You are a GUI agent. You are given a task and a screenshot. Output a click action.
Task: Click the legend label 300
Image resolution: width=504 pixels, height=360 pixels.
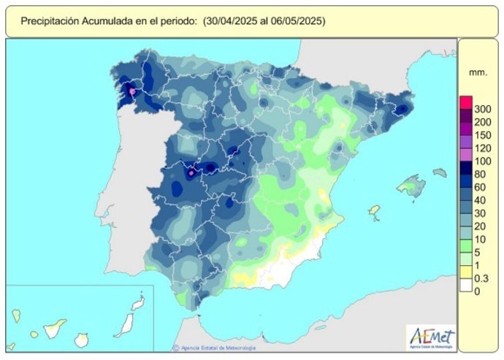click(x=482, y=108)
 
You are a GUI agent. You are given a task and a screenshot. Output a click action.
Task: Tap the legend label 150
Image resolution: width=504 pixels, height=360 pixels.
click(x=482, y=134)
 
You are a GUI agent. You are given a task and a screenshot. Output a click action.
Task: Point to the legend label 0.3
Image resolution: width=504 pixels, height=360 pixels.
click(x=482, y=277)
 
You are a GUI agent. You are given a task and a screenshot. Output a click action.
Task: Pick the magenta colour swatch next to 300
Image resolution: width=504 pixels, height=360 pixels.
click(x=466, y=102)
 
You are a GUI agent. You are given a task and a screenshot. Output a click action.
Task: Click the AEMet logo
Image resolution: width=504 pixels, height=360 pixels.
click(x=432, y=337)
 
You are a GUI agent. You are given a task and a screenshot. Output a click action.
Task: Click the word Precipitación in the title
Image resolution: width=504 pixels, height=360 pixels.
click(x=51, y=21)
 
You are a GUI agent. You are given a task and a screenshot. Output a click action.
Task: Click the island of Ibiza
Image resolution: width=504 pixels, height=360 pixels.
click(x=375, y=211)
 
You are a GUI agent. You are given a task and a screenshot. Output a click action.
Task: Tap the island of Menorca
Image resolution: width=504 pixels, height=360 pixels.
click(x=439, y=173)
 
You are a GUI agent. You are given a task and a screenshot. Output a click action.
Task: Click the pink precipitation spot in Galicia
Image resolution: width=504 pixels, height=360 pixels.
click(x=132, y=92)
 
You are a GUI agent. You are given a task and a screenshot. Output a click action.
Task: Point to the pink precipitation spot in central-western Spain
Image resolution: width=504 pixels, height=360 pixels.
click(x=191, y=174)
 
